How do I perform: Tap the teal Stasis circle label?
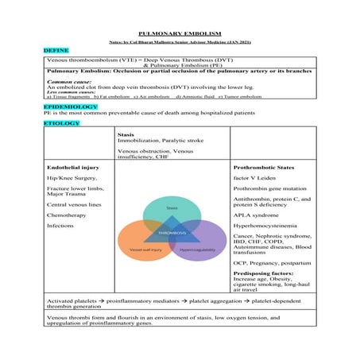pos(172,208)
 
